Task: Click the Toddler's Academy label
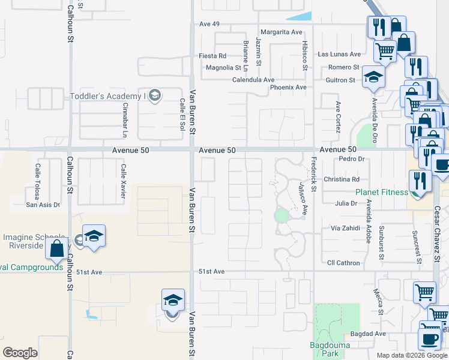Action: pos(108,96)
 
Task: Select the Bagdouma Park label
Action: pos(325,349)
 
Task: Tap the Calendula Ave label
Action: pos(254,80)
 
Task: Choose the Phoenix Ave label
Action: pos(288,88)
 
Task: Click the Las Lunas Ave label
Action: pos(339,54)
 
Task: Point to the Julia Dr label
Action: pos(346,203)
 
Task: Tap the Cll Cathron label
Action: pos(344,263)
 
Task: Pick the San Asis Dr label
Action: pos(43,205)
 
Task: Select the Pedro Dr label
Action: pos(352,159)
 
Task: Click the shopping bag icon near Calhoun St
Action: pos(57,248)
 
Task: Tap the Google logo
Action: pos(20,353)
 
